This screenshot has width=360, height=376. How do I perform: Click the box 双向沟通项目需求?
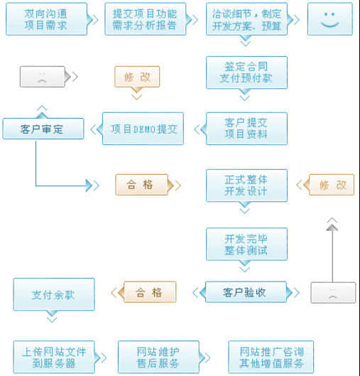(x=46, y=19)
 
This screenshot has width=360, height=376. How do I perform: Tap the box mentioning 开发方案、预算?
(x=246, y=19)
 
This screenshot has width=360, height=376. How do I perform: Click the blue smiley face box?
(x=329, y=19)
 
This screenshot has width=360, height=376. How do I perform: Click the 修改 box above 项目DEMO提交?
(x=136, y=77)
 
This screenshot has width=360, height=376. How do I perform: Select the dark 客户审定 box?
(x=43, y=129)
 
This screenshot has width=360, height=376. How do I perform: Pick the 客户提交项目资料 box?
(x=246, y=129)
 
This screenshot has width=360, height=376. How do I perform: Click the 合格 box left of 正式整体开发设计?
(x=141, y=185)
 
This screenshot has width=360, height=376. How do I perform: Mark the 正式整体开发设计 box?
(x=246, y=185)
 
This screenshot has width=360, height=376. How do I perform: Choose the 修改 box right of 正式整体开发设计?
(x=330, y=185)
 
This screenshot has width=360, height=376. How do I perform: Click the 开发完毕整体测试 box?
(x=246, y=244)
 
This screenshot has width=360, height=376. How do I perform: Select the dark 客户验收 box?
(x=245, y=291)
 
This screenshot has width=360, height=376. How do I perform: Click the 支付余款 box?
(x=53, y=294)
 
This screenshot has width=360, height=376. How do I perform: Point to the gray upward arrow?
(x=332, y=249)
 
